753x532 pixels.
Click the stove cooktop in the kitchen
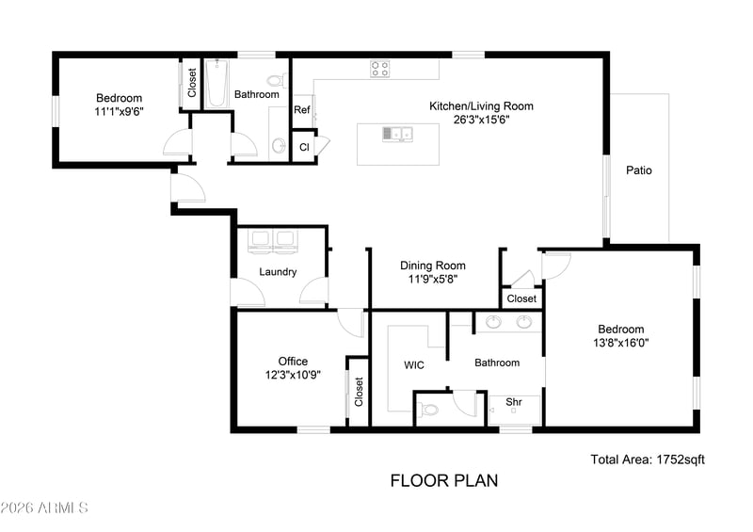[x=380, y=69]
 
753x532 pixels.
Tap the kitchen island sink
[x=397, y=134]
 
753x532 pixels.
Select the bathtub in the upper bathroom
[x=216, y=84]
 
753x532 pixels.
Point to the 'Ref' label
[x=301, y=110]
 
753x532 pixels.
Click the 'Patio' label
[x=639, y=170]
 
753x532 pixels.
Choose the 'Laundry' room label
[x=278, y=272]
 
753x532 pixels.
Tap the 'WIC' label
[x=414, y=365]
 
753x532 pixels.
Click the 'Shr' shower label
[x=513, y=402]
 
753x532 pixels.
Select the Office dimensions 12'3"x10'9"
[x=293, y=375]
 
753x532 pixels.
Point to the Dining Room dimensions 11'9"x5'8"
[x=433, y=279]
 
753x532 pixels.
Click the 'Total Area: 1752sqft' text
[x=648, y=459]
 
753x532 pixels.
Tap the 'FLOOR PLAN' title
[x=444, y=480]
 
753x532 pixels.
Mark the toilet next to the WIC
[x=430, y=410]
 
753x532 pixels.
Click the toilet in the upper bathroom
[x=277, y=80]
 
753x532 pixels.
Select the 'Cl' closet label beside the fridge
[x=304, y=147]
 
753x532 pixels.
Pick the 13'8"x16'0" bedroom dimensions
[x=621, y=343]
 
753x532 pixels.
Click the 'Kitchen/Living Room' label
[x=481, y=106]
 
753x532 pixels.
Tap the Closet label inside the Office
[x=359, y=392]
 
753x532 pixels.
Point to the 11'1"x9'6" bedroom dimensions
[x=120, y=112]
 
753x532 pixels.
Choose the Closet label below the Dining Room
[x=521, y=298]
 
